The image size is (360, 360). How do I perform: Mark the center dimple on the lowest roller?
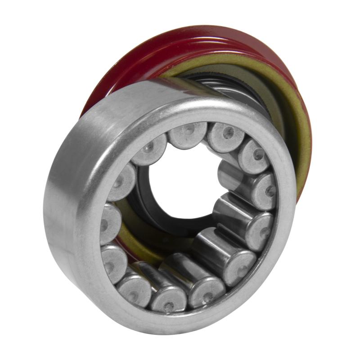[x=168, y=306]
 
